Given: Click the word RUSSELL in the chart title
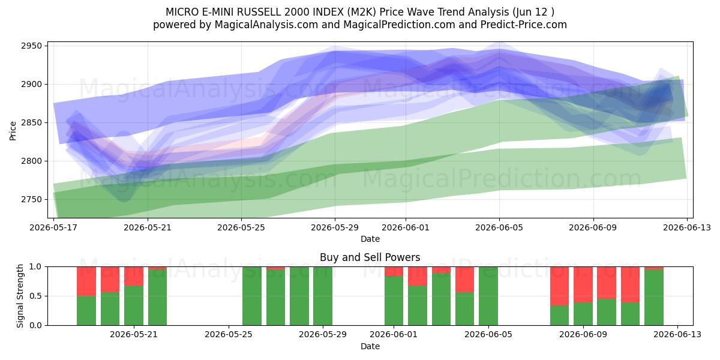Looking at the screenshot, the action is pyautogui.click(x=259, y=12).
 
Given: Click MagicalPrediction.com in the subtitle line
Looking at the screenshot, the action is pyautogui.click(x=399, y=25).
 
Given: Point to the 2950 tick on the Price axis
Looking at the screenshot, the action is pyautogui.click(x=31, y=46).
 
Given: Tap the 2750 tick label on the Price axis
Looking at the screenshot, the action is pyautogui.click(x=31, y=200).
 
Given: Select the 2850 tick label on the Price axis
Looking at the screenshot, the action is pyautogui.click(x=31, y=123).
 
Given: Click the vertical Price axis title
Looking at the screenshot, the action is pyautogui.click(x=13, y=131).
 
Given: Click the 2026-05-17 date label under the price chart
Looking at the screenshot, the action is pyautogui.click(x=53, y=228).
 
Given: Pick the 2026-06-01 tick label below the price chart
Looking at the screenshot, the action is pyautogui.click(x=406, y=228).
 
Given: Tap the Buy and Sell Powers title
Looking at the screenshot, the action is pyautogui.click(x=370, y=257).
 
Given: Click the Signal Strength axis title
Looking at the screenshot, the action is pyautogui.click(x=20, y=296).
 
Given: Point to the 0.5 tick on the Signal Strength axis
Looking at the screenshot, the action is pyautogui.click(x=35, y=296).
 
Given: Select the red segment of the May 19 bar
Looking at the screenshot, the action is pyautogui.click(x=86, y=281).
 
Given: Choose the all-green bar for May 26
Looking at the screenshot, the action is pyautogui.click(x=252, y=296).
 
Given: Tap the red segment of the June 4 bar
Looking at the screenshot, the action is pyautogui.click(x=465, y=280).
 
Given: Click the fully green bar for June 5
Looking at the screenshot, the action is pyautogui.click(x=488, y=296).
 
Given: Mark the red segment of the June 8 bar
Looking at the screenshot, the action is pyautogui.click(x=560, y=286).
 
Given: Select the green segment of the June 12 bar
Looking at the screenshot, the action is pyautogui.click(x=654, y=298).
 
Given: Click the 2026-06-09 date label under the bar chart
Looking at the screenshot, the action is pyautogui.click(x=583, y=335).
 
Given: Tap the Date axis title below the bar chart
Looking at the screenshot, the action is pyautogui.click(x=370, y=346).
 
